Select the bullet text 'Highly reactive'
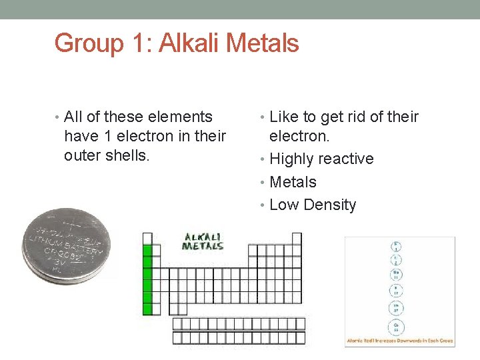pyautogui.click(x=321, y=159)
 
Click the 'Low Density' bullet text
pyautogui.click(x=313, y=205)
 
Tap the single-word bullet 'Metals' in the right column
pyautogui.click(x=293, y=182)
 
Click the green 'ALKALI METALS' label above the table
pyautogui.click(x=203, y=241)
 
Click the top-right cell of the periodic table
pyautogui.click(x=297, y=238)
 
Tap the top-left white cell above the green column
pyautogui.click(x=147, y=238)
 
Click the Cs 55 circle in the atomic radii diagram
pyautogui.click(x=397, y=327)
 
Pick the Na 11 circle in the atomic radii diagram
pyautogui.click(x=396, y=275)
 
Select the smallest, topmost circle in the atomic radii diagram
pyautogui.click(x=396, y=246)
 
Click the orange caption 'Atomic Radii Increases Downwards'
pyautogui.click(x=399, y=341)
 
